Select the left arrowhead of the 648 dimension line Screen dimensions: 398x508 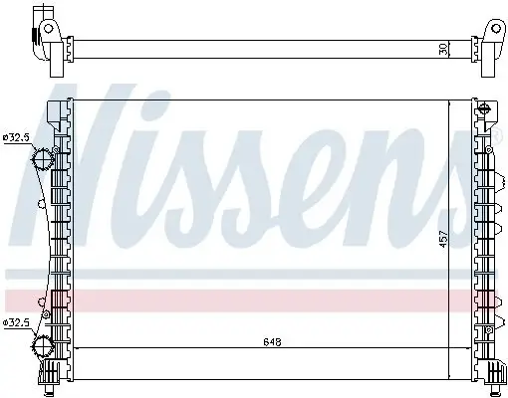77,347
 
